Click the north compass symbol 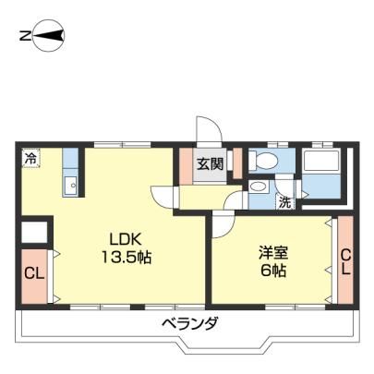coord(49,36)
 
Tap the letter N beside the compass coord(25,36)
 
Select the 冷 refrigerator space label coord(30,159)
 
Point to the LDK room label coord(126,239)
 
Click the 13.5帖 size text coord(126,257)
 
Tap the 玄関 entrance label coord(211,164)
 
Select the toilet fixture coord(264,160)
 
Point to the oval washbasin coord(258,187)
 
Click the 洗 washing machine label coord(284,202)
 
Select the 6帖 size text coord(273,271)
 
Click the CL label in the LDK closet coord(34,273)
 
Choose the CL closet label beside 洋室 coord(345,262)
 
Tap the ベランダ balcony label coord(190,324)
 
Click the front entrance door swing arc coord(214,123)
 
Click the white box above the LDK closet coord(34,232)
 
